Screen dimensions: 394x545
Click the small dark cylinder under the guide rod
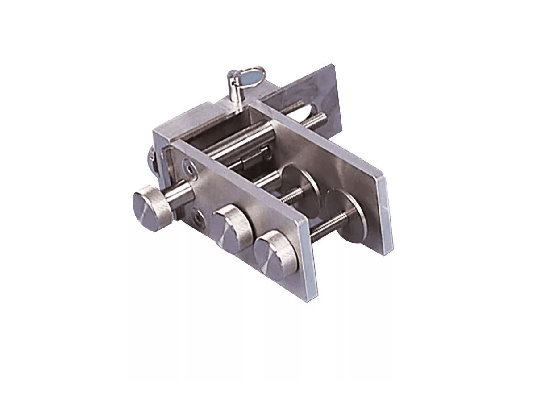pos(254,158)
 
